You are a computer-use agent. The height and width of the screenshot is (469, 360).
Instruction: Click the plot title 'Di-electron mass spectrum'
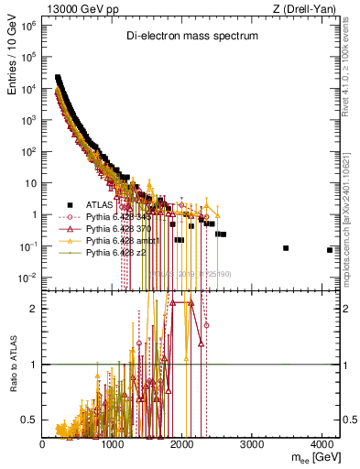[x=191, y=36]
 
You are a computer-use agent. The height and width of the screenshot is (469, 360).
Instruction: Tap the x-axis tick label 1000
[x=113, y=443]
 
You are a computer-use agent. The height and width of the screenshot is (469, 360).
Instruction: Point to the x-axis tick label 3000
[x=253, y=443]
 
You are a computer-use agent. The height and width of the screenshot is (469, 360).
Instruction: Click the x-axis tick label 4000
[x=322, y=443]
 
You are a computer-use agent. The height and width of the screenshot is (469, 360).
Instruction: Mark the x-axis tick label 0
[x=43, y=443]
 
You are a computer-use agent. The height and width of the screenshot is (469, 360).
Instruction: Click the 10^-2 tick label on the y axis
[x=27, y=278]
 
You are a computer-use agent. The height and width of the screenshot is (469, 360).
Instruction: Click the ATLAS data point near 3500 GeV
[x=286, y=248]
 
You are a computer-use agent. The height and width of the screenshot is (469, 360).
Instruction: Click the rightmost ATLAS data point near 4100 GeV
[x=329, y=250]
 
